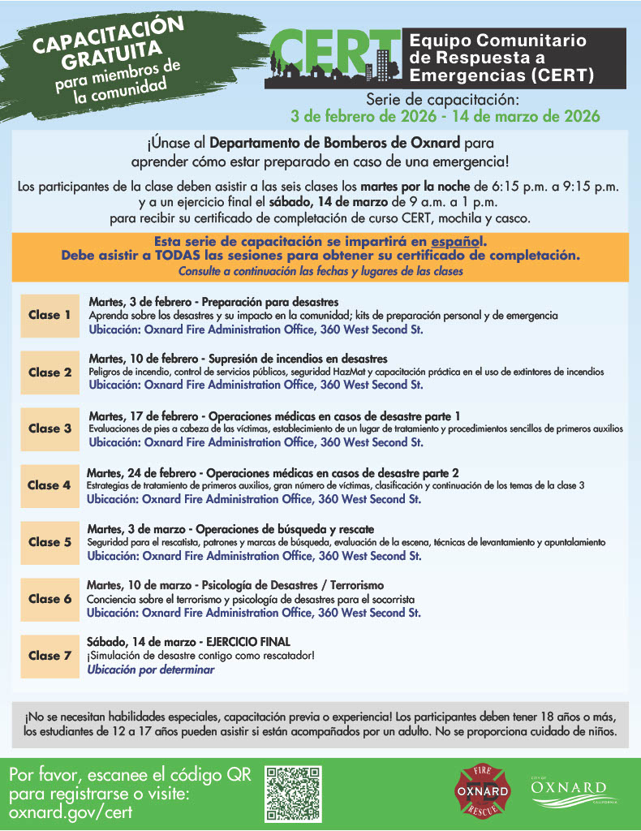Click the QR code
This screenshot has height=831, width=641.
point(294,793)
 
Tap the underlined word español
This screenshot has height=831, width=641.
point(458,242)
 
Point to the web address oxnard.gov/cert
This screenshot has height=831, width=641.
point(71,812)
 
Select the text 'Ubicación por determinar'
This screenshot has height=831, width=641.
point(150,670)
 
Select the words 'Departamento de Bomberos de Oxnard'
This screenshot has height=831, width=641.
point(319,144)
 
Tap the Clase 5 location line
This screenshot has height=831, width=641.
point(254,557)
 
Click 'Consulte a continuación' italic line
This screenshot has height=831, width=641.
point(320,270)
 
